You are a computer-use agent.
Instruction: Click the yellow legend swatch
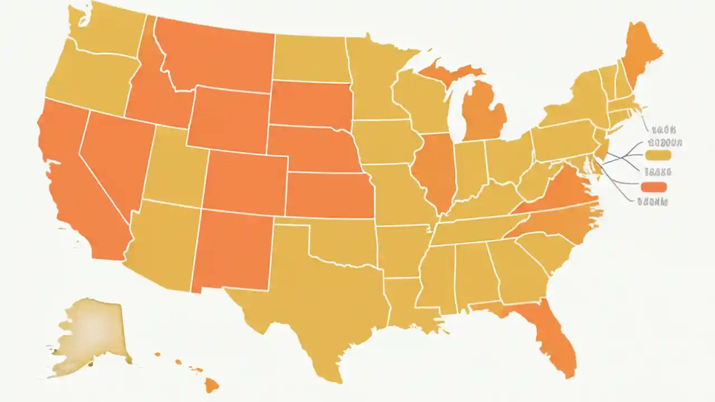(657, 155)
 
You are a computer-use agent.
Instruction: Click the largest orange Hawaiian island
(211, 385)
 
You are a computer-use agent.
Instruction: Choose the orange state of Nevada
(112, 162)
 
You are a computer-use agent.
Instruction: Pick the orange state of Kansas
(330, 195)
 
